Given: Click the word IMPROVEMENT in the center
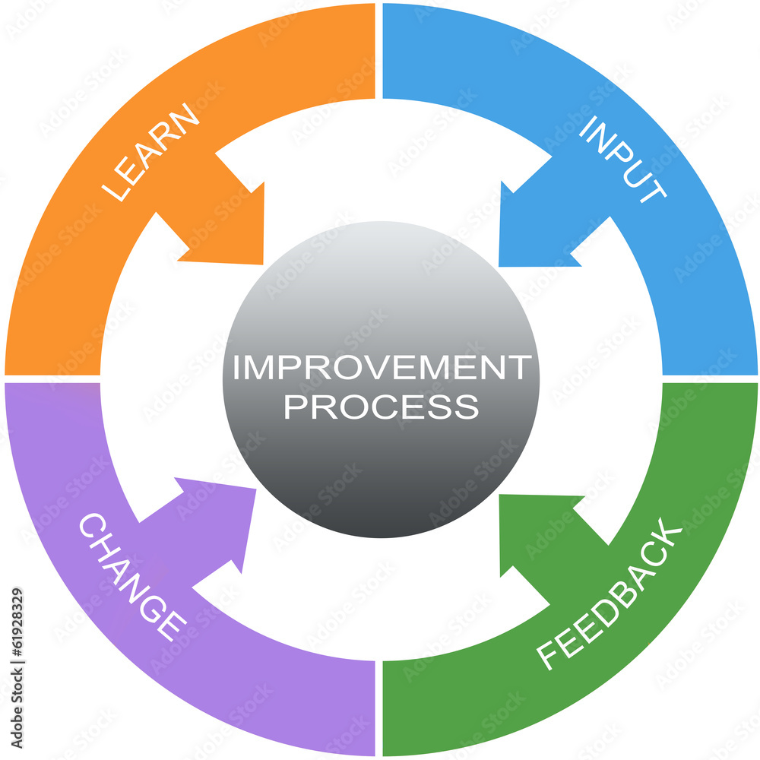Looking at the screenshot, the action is pos(381,369).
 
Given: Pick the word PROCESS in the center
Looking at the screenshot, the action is pos(381,407).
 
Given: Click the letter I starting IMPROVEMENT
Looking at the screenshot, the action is pos(236,369).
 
